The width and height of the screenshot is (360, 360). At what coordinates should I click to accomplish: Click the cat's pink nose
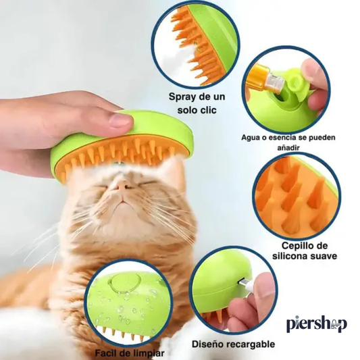[122, 185]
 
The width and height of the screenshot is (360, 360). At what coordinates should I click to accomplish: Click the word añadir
[288, 147]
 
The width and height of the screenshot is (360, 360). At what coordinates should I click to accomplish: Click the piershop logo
[317, 324]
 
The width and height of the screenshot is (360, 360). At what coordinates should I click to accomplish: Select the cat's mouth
[125, 202]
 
